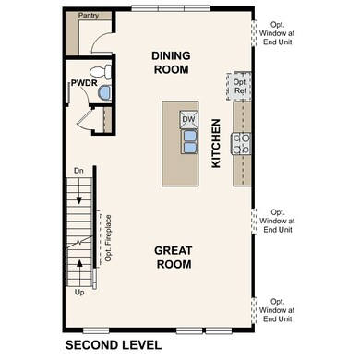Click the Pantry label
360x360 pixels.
(89, 16)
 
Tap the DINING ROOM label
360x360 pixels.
(170, 62)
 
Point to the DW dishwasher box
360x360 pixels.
(188, 119)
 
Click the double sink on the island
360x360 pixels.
(188, 140)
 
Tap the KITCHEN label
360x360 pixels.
(216, 142)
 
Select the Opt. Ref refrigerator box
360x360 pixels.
(240, 85)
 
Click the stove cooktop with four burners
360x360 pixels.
(242, 142)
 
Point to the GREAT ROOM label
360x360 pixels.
(173, 257)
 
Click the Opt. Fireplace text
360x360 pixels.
(108, 237)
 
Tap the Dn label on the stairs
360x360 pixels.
(80, 171)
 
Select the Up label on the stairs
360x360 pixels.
(80, 292)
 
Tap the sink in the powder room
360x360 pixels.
(103, 92)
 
